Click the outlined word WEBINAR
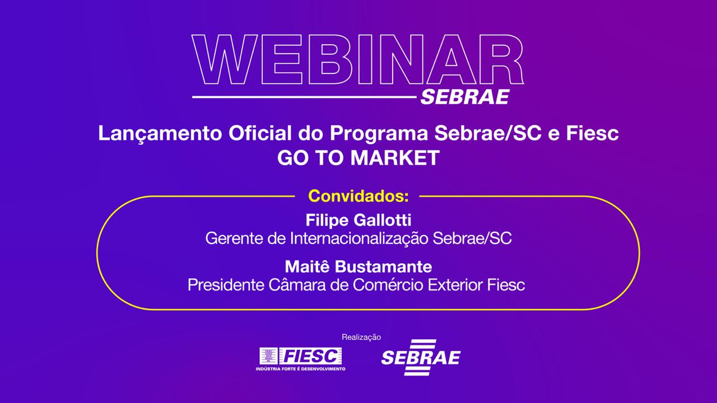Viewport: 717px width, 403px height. (357, 59)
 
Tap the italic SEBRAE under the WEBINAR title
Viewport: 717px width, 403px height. (465, 97)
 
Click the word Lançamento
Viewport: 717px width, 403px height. (160, 134)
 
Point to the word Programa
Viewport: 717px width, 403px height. (379, 134)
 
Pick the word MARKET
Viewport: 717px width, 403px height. (395, 158)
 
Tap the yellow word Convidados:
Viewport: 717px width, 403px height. (358, 196)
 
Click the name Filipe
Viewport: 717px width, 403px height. (327, 221)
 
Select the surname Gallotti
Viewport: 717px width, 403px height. (383, 220)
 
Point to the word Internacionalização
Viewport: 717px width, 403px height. (359, 239)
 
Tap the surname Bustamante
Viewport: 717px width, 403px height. (383, 267)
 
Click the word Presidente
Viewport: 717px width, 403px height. (226, 285)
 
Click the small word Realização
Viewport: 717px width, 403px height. (361, 337)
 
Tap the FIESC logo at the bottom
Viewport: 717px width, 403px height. (301, 359)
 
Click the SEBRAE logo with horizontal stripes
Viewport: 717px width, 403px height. (421, 357)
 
